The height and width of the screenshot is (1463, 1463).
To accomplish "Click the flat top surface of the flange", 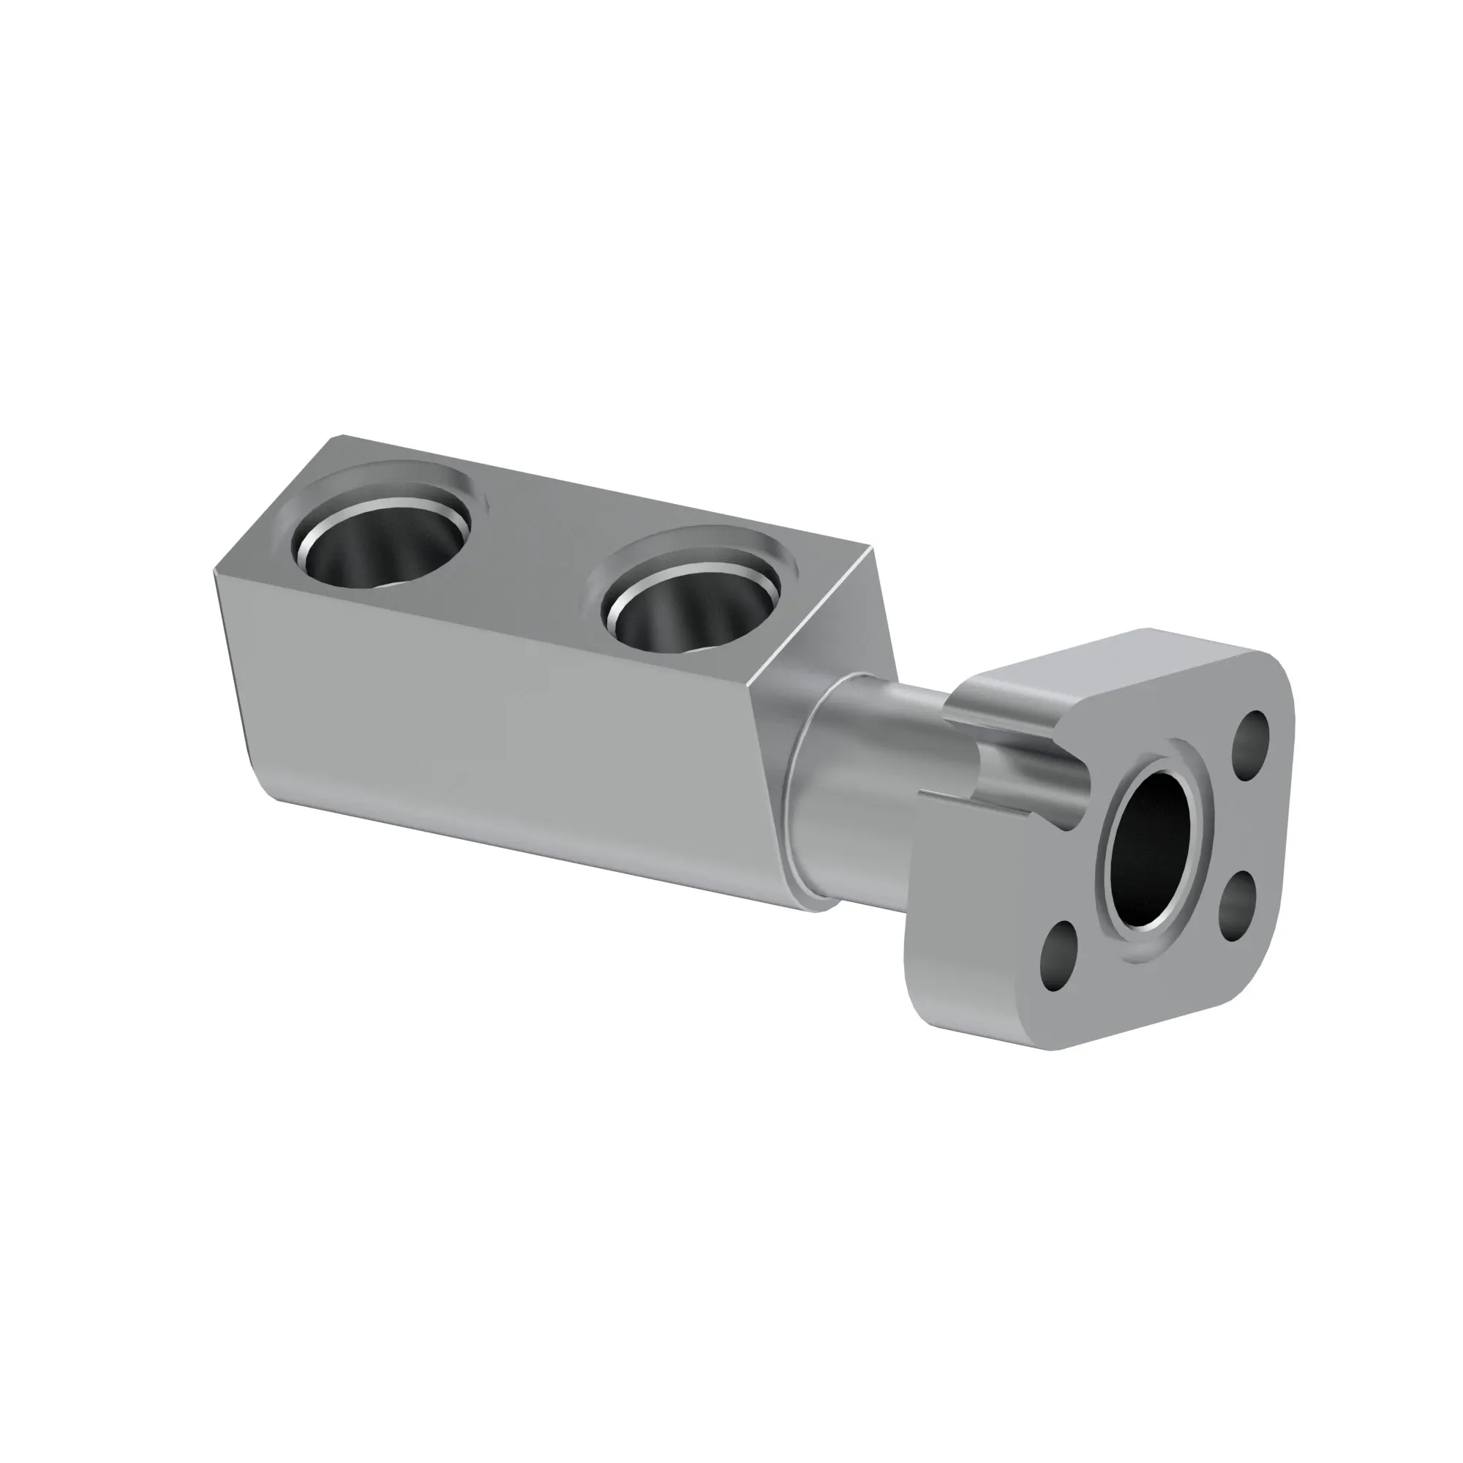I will [1075, 666].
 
